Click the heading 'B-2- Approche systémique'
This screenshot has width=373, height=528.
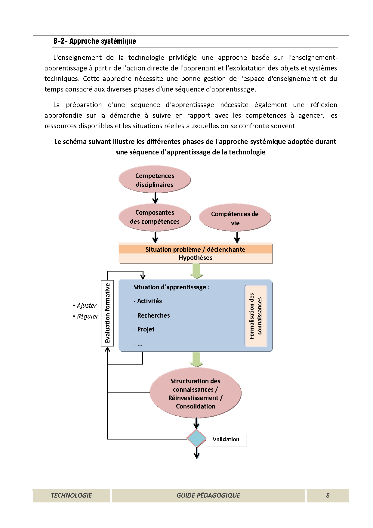[94, 41]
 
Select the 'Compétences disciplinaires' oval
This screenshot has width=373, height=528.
[155, 180]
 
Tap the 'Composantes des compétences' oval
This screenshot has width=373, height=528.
[155, 217]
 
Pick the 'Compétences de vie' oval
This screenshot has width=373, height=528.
[235, 218]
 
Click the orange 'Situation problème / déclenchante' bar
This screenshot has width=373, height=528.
[196, 249]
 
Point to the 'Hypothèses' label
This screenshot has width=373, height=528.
[196, 258]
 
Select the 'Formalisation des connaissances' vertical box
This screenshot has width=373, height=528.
[256, 316]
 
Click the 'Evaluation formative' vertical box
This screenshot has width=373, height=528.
[107, 313]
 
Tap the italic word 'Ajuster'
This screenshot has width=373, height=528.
[87, 306]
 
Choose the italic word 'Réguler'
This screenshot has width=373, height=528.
[88, 316]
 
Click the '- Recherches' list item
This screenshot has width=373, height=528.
[152, 315]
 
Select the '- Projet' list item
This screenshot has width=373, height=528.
[144, 329]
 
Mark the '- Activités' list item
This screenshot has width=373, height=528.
[148, 301]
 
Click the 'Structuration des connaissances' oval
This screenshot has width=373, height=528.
[196, 393]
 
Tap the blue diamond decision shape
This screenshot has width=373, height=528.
[196, 439]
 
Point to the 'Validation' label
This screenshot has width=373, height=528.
[226, 439]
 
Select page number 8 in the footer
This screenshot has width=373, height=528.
[328, 495]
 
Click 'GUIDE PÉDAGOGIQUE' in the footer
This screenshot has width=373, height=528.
[208, 495]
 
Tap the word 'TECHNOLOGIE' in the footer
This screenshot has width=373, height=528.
[71, 495]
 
